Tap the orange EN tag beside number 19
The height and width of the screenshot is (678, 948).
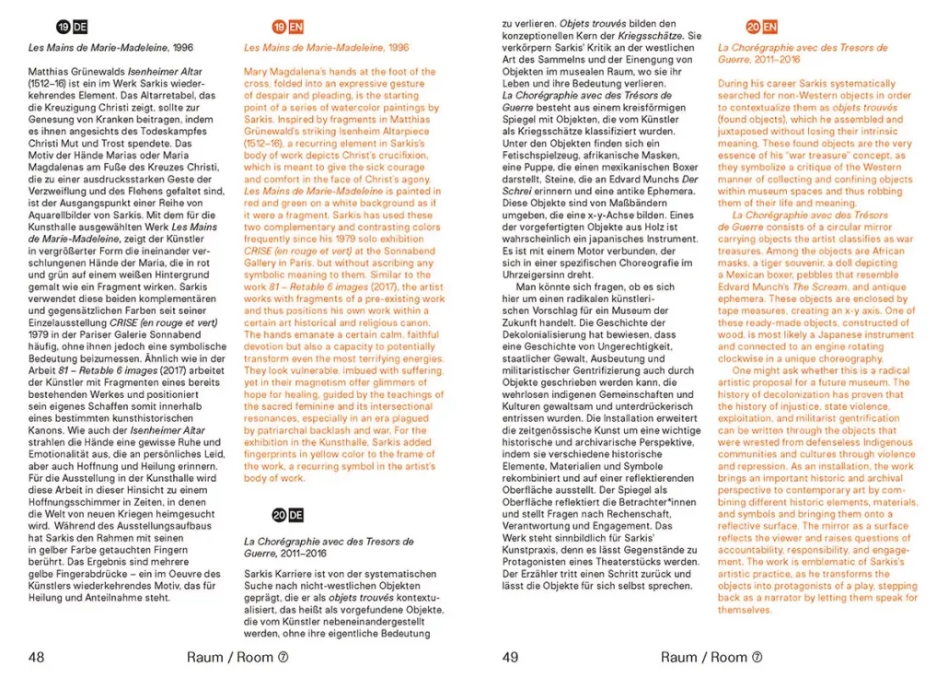point(295,28)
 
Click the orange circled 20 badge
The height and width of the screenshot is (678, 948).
point(753,28)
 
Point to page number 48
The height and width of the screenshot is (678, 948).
point(37,657)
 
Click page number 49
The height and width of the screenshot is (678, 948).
point(511,657)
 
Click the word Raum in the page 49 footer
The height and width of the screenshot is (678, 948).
point(678,657)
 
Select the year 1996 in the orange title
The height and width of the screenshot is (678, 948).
point(399,47)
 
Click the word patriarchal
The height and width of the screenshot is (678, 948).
point(282,429)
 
